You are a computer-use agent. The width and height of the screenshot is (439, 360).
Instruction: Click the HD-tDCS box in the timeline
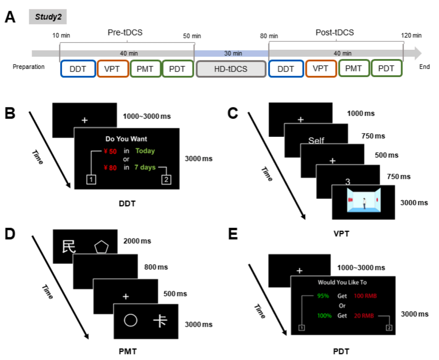tap(231, 69)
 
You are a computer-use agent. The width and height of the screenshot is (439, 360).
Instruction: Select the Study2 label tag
tap(48, 18)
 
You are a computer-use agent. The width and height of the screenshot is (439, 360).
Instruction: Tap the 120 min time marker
tap(412, 35)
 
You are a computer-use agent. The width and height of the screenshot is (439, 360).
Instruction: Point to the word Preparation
tap(29, 67)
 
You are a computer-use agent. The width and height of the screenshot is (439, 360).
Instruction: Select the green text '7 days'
tap(145, 168)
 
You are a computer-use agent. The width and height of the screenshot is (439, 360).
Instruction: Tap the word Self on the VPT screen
tap(316, 141)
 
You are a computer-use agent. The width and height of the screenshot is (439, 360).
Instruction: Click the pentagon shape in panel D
tap(101, 246)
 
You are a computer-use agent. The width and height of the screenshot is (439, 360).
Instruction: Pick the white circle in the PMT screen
tap(130, 321)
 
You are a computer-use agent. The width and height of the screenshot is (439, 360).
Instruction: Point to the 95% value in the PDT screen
tap(324, 296)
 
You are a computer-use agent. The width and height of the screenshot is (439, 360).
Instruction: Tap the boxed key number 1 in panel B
tap(92, 180)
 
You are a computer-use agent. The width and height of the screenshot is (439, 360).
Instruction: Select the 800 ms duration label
tap(156, 267)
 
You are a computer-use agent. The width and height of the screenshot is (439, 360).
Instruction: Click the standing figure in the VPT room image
tap(363, 202)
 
